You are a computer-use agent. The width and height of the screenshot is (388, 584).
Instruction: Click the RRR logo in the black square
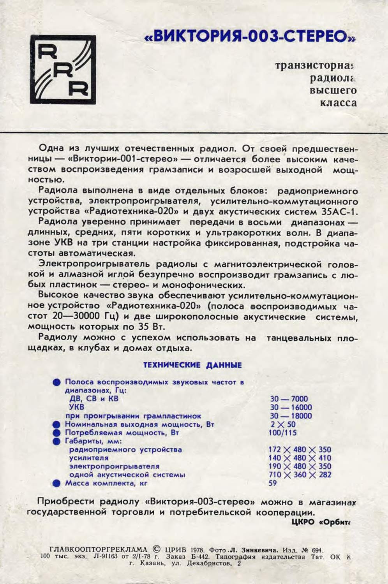tap(63, 70)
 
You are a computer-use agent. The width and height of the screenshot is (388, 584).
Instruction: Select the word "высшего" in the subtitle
tap(333, 90)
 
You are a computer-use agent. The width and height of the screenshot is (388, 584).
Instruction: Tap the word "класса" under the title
tap(338, 103)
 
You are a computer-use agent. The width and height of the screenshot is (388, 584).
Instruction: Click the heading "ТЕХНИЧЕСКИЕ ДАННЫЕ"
tap(192, 365)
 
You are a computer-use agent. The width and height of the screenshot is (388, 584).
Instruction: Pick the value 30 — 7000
tap(289, 399)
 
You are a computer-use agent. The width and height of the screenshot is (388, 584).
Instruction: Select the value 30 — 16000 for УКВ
tap(291, 407)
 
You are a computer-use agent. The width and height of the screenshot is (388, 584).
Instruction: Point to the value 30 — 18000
tap(291, 416)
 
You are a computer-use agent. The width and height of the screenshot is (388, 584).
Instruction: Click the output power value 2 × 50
tap(283, 424)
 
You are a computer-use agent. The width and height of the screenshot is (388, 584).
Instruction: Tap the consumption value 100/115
tap(282, 433)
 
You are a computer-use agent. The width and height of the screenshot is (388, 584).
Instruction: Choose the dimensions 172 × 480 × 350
tap(300, 450)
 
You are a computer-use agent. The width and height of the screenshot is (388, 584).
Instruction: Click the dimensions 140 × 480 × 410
tap(300, 458)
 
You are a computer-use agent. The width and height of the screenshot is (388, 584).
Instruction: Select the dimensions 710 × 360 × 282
tap(300, 475)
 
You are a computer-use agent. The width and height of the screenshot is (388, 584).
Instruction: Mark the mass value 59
tap(273, 483)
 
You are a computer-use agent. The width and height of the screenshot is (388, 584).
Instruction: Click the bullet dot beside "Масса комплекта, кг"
tap(57, 484)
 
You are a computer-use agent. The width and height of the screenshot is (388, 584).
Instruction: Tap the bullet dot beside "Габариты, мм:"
tap(57, 442)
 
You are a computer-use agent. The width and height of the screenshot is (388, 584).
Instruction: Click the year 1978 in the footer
tap(198, 550)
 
